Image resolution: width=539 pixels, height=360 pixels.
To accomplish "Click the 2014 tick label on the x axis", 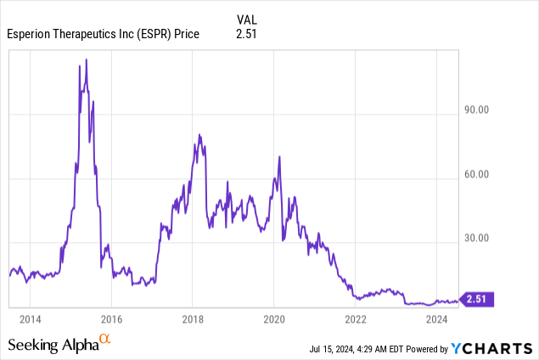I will [x=30, y=318].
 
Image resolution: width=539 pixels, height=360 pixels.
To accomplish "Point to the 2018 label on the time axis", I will [x=193, y=318].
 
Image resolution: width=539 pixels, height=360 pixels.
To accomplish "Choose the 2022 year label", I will [x=356, y=318].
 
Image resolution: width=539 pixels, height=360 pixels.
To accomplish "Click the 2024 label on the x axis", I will [x=436, y=318].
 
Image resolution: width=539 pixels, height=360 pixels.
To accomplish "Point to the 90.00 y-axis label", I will [x=478, y=110].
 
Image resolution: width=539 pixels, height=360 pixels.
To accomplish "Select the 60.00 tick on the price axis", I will [x=478, y=175].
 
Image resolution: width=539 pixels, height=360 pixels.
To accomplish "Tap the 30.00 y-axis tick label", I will [x=478, y=239].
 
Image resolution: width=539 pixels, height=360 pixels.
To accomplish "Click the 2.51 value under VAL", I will [x=245, y=34].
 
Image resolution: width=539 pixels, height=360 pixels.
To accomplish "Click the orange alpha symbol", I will [x=105, y=340].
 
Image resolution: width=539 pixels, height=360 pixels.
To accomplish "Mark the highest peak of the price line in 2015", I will [x=86, y=59].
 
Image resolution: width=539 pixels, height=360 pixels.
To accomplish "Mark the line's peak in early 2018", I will [x=199, y=134].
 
